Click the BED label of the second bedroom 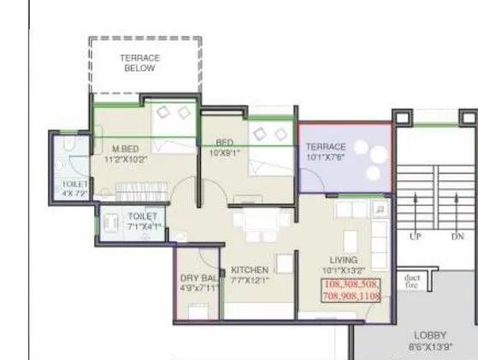[x=225, y=143]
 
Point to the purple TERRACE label [x=326, y=147]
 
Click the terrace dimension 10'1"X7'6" [x=326, y=157]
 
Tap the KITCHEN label [x=250, y=269]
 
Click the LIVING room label [x=344, y=260]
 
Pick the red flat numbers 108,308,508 [x=351, y=283]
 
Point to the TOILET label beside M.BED [x=74, y=185]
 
